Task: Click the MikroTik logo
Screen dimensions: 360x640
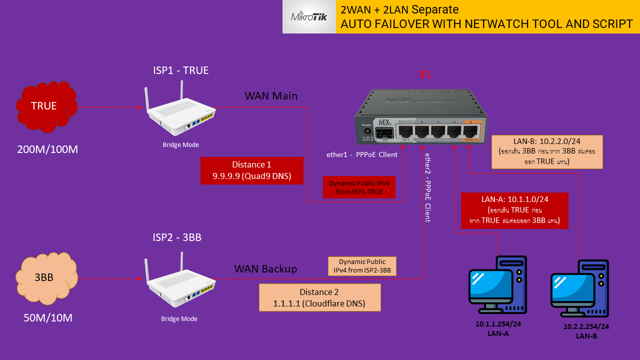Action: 309,17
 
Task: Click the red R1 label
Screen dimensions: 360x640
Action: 424,75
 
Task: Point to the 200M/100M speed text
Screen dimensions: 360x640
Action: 48,149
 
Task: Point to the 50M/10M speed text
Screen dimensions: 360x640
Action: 48,317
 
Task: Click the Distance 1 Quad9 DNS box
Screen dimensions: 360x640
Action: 252,170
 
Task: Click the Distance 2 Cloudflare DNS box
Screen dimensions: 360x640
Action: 319,297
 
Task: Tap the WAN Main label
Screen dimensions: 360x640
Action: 271,95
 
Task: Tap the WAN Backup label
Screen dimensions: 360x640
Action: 265,269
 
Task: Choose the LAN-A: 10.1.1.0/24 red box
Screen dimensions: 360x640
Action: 514,210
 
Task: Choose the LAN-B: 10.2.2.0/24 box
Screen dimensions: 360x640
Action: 547,151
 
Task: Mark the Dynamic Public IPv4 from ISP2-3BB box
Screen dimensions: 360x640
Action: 362,266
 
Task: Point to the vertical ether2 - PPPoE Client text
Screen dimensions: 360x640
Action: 427,187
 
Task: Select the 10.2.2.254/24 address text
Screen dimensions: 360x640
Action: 586,326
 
